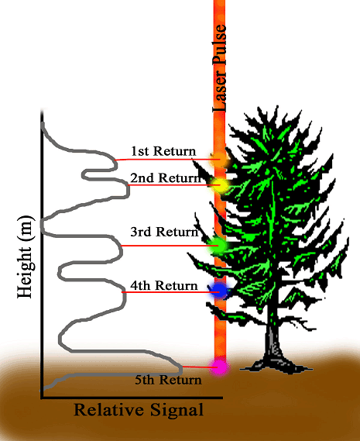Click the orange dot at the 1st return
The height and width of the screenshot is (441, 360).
click(220, 160)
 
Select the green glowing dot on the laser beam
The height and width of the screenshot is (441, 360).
click(219, 245)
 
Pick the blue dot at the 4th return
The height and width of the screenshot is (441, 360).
click(219, 291)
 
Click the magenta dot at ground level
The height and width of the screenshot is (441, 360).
click(219, 367)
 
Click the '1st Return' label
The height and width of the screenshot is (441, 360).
click(163, 151)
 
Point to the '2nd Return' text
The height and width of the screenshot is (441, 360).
click(166, 177)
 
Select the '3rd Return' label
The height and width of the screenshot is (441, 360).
click(164, 232)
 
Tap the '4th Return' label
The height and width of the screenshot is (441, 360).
click(164, 285)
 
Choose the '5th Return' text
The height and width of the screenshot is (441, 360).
click(168, 380)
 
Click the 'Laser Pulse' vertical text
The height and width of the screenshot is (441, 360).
click(219, 68)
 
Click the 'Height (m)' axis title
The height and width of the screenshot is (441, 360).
click(26, 257)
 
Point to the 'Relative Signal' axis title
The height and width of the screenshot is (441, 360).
click(139, 409)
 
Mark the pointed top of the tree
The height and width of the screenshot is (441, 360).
click(277, 107)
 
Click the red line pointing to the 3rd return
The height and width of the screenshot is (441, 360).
click(170, 246)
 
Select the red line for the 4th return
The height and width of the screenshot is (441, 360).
click(170, 292)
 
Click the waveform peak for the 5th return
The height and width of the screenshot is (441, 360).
click(180, 367)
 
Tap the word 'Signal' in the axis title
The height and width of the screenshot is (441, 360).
click(177, 409)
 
